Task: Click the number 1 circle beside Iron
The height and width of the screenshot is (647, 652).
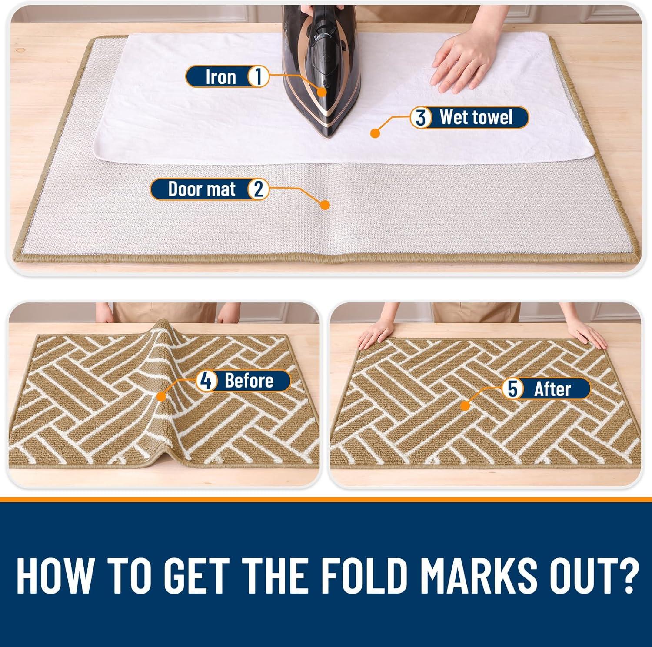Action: click(x=258, y=77)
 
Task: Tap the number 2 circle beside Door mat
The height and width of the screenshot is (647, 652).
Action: click(x=258, y=189)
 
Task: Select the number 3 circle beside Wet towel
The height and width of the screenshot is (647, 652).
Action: click(x=420, y=117)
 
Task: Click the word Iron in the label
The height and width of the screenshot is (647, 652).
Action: click(x=221, y=77)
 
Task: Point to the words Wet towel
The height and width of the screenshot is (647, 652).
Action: click(x=476, y=117)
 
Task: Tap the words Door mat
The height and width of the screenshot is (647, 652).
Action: click(x=202, y=189)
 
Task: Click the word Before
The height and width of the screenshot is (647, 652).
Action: click(x=249, y=381)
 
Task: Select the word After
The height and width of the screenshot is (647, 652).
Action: click(x=552, y=388)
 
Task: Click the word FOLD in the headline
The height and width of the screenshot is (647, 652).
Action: click(x=370, y=572)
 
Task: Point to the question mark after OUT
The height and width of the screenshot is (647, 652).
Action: click(x=624, y=572)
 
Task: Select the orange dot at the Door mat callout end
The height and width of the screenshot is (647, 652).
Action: click(x=324, y=205)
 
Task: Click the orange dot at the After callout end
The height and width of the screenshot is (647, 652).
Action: click(x=465, y=406)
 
